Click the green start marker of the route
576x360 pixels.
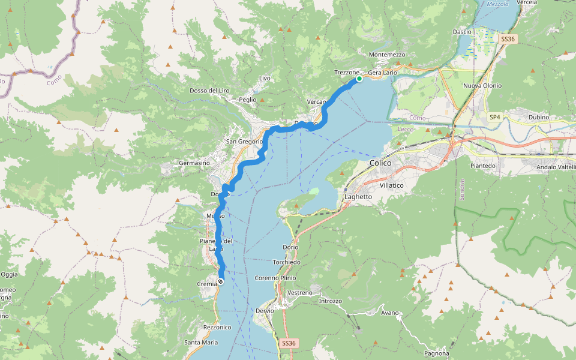[359, 79]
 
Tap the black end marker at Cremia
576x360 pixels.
[221, 281]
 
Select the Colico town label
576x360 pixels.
[381, 163]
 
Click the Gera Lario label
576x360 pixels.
[382, 73]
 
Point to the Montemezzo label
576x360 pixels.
[388, 55]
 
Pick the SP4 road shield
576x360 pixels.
[495, 116]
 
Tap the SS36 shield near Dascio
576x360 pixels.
[508, 39]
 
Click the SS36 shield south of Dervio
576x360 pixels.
[289, 343]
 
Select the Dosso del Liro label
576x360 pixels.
[209, 91]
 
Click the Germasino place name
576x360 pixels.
[194, 163]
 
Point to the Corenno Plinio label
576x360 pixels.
[275, 278]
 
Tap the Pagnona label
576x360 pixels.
[436, 353]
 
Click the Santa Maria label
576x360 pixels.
[201, 343]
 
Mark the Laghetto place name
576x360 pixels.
[358, 197]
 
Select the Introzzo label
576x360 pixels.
[330, 301]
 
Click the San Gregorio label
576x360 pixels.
[244, 142]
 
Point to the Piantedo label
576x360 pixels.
[484, 166]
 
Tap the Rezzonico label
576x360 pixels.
[217, 327]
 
